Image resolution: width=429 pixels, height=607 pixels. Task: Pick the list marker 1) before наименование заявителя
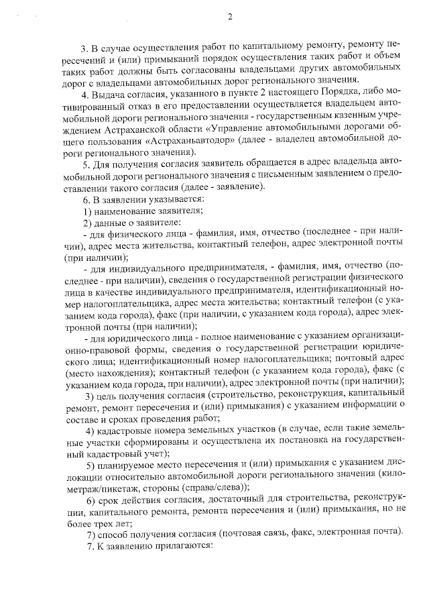click(86, 211)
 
